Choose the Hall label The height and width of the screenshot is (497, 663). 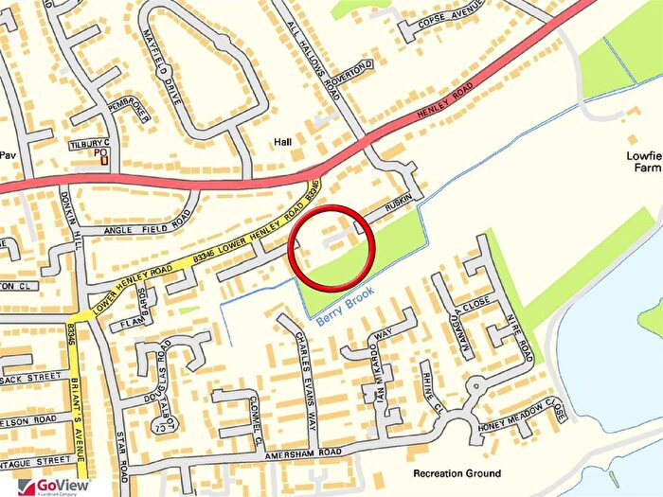(x=282, y=141)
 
